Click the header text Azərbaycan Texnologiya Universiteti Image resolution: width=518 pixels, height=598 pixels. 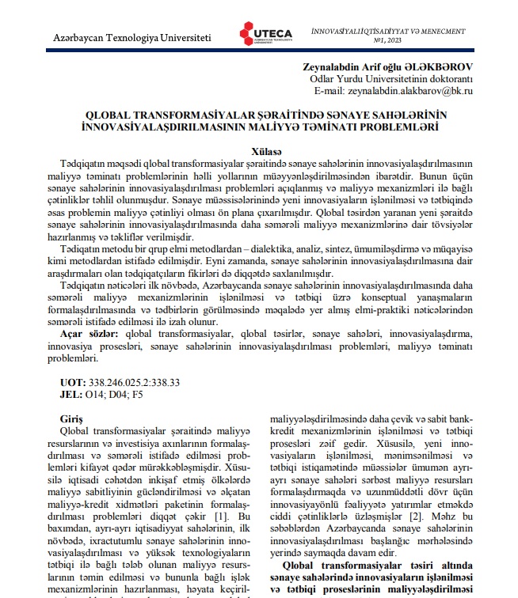(131, 38)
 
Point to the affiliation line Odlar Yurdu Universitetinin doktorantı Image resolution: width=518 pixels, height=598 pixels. (390, 79)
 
